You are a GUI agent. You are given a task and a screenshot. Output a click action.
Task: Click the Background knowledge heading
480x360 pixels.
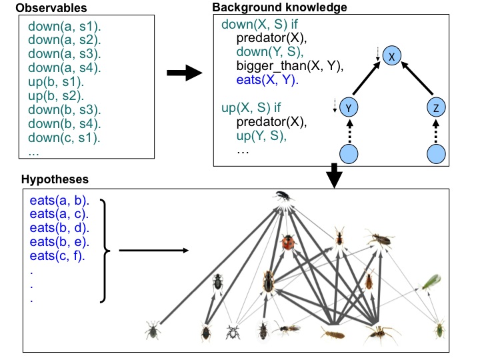[x=271, y=7]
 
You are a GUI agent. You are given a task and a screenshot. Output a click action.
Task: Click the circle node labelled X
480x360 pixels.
[x=392, y=58]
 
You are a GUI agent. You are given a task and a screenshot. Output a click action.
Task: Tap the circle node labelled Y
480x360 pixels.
[x=348, y=107]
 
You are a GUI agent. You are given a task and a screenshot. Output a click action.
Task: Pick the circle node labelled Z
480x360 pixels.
[x=435, y=107]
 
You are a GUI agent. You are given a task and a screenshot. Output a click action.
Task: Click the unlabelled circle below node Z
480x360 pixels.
[x=435, y=154]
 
